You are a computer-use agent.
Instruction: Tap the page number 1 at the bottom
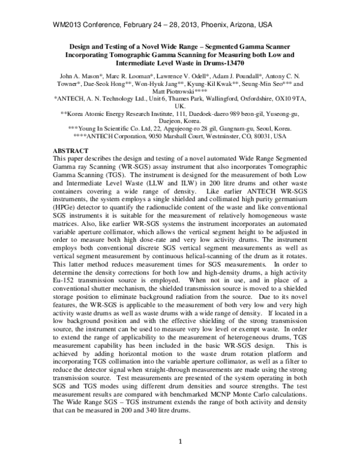[179, 443]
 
